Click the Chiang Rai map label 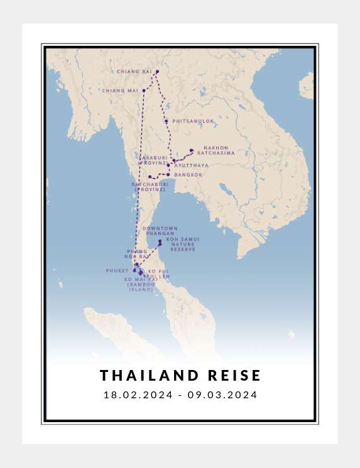(x=134, y=72)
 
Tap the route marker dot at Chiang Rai (x=157, y=72)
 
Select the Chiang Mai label (x=124, y=90)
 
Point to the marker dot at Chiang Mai (x=144, y=90)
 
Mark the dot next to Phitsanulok (x=166, y=121)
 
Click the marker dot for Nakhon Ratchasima (x=191, y=151)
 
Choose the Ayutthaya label (x=192, y=165)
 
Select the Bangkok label (x=188, y=175)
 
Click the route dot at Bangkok (x=168, y=174)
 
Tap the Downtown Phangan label (x=160, y=231)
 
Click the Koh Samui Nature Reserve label (x=183, y=244)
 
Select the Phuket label (x=117, y=271)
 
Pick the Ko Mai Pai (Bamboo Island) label (x=141, y=284)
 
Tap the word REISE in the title (x=233, y=376)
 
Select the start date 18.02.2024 (x=137, y=395)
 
